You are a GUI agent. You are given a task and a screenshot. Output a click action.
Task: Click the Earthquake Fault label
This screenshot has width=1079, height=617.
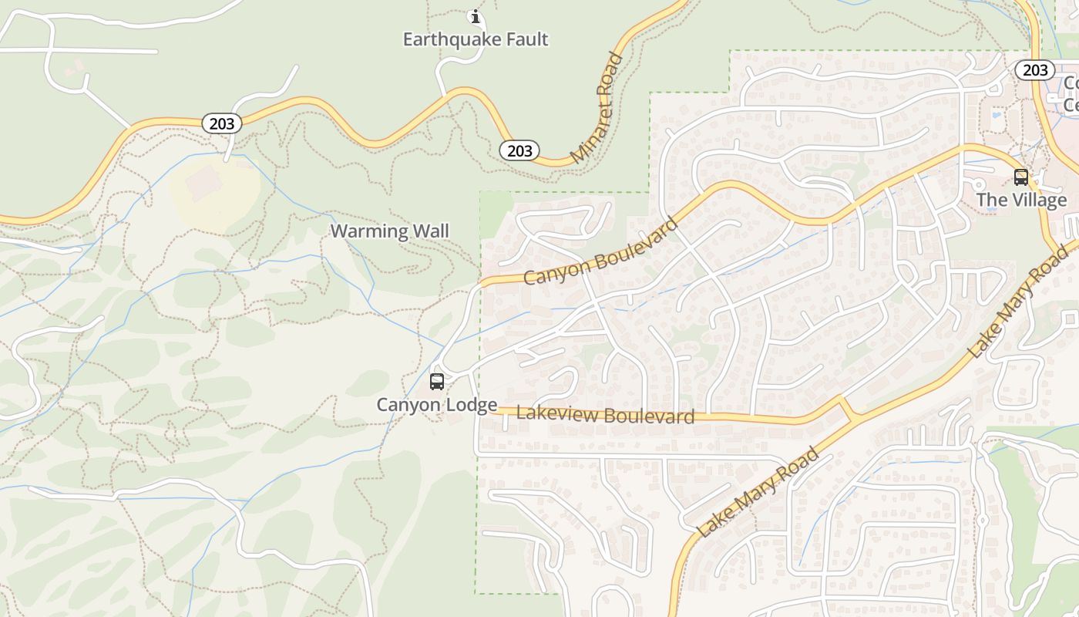(x=476, y=39)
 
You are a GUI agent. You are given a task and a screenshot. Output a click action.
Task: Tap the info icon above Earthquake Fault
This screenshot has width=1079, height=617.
(x=476, y=15)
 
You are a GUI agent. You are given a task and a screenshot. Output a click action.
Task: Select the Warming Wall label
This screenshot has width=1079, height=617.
(x=389, y=231)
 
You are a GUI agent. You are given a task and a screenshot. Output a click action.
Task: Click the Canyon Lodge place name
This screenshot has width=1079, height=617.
(x=436, y=404)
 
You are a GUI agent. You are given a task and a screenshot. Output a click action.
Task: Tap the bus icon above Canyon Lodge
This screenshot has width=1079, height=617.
(x=437, y=381)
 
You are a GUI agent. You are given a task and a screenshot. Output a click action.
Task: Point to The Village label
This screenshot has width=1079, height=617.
(x=1021, y=200)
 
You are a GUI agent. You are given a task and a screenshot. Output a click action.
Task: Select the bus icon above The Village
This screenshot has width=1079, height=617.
(x=1021, y=177)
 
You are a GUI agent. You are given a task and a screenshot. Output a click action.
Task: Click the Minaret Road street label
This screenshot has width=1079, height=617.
(x=598, y=108)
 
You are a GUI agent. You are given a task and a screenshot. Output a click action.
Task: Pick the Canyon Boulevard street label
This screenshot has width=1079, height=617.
(x=601, y=251)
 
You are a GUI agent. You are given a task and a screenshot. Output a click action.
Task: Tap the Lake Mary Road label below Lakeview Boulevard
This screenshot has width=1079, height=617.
(x=758, y=491)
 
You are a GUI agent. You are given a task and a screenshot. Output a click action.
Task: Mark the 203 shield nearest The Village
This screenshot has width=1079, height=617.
(x=1034, y=70)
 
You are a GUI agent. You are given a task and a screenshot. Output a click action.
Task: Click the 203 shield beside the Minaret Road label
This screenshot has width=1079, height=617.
(x=519, y=150)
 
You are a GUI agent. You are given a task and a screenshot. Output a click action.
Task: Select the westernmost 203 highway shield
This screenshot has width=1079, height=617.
(x=222, y=123)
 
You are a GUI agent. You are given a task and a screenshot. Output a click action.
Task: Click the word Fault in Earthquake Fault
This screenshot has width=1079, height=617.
(x=525, y=39)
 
